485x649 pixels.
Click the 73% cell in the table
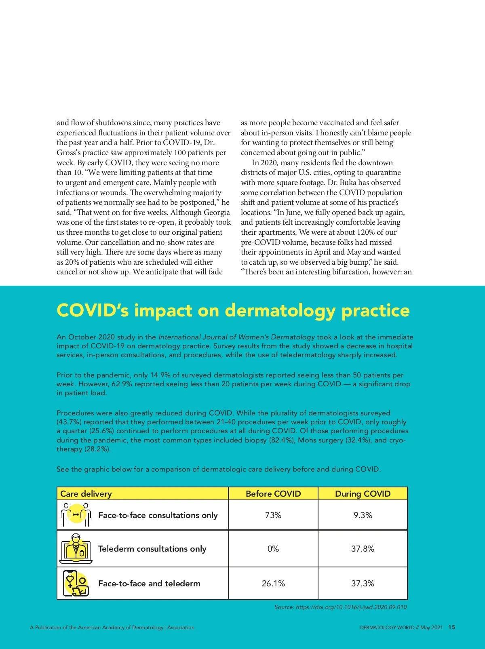point(273,515)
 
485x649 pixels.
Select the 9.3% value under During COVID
point(363,515)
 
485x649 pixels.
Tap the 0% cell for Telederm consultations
point(273,549)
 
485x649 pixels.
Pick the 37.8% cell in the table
point(363,549)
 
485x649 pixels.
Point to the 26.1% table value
point(273,584)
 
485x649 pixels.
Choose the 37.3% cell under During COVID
point(363,584)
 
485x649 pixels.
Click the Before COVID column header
point(273,494)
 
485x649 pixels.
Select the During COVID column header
point(363,494)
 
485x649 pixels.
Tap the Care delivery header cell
point(86,494)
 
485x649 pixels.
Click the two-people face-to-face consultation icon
point(76,515)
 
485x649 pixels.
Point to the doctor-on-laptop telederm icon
point(76,549)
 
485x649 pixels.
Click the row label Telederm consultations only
point(152,549)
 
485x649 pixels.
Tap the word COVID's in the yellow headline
point(93,310)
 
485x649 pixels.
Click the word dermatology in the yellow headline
point(280,310)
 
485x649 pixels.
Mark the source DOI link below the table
point(351,607)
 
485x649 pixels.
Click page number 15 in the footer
point(452,628)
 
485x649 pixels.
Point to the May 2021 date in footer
point(431,628)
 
